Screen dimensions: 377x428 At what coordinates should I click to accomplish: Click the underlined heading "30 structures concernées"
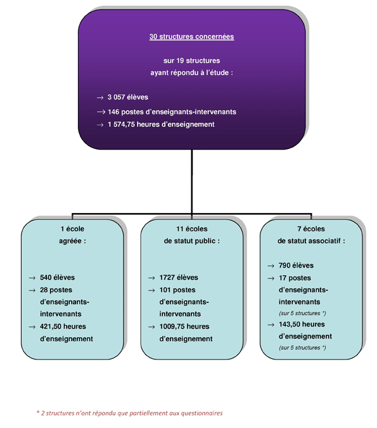coord(191,37)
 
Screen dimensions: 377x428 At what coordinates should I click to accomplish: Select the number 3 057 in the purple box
coord(116,97)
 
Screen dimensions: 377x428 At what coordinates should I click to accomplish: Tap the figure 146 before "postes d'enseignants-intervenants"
coord(113,112)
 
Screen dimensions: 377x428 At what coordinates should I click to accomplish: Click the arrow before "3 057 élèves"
coord(100,98)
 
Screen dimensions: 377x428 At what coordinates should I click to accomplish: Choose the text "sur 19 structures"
coord(191,61)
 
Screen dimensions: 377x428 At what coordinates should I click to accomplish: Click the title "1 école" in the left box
coord(72,229)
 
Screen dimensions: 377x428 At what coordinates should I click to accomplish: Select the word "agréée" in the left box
coord(70,241)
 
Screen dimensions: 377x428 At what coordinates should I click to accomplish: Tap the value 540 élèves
coord(57,277)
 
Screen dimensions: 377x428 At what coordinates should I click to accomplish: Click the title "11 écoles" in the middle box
coord(192,229)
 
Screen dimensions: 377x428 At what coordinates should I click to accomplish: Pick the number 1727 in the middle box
coord(167,277)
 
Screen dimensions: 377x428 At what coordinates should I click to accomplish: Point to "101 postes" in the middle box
coord(177,290)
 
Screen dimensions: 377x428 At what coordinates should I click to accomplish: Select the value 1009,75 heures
coord(184,327)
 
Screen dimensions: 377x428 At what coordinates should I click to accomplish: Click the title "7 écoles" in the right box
coord(311,229)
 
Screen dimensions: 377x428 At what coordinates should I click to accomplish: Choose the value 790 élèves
coord(296,265)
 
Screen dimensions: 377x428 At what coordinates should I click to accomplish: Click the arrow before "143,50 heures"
coord(271,325)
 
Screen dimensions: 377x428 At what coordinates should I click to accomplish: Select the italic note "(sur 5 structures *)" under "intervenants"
coord(302,313)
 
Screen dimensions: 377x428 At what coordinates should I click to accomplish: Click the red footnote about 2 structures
coord(130,413)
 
